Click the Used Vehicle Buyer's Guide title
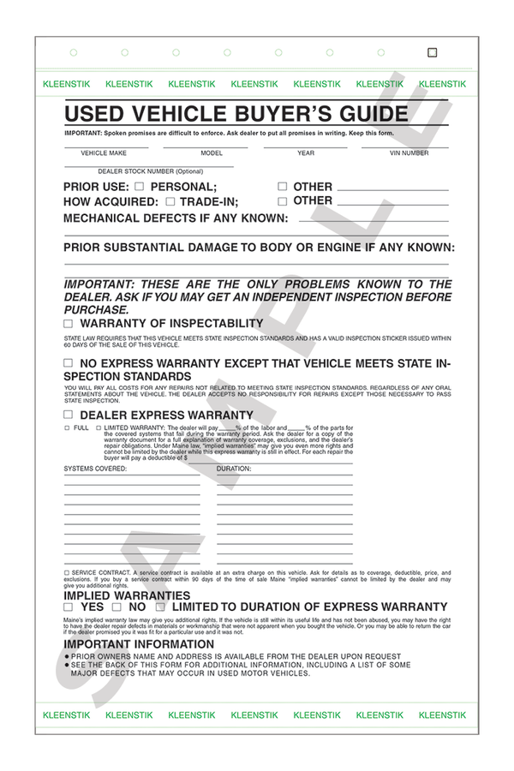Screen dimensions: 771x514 pyautogui.click(x=236, y=114)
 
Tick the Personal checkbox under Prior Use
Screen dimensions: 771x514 pyautogui.click(x=140, y=187)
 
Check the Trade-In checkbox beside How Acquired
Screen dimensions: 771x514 pyautogui.click(x=170, y=202)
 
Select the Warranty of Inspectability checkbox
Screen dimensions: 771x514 pyautogui.click(x=69, y=325)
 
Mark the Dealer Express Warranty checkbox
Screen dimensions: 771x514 pyautogui.click(x=69, y=415)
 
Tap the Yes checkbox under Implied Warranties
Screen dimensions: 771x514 pyautogui.click(x=69, y=607)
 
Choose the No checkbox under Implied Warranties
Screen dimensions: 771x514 pyautogui.click(x=117, y=607)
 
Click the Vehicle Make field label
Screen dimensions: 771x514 pyautogui.click(x=105, y=153)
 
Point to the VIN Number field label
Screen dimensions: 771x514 pyautogui.click(x=409, y=153)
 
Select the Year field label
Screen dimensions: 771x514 pyautogui.click(x=306, y=153)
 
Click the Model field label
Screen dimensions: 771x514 pyautogui.click(x=212, y=153)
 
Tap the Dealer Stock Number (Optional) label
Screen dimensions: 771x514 pyautogui.click(x=151, y=171)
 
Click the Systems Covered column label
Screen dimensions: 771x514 pyautogui.click(x=95, y=469)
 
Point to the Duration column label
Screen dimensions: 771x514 pyautogui.click(x=234, y=469)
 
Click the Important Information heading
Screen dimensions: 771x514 pyautogui.click(x=139, y=644)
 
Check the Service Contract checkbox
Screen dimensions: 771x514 pyautogui.click(x=67, y=572)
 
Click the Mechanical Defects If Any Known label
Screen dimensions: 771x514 pyautogui.click(x=176, y=218)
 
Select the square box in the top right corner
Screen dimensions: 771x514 pyautogui.click(x=432, y=52)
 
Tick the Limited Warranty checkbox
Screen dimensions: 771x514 pyautogui.click(x=99, y=427)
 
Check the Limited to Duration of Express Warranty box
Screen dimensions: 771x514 pyautogui.click(x=159, y=607)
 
